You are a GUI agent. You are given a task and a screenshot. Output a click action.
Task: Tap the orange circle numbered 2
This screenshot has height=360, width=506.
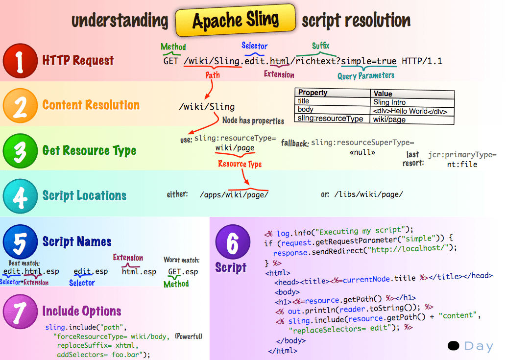point(20,106)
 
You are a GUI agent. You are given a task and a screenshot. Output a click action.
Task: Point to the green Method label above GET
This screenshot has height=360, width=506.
point(173,47)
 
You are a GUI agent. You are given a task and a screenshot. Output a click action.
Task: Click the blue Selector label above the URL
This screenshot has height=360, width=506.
point(254,46)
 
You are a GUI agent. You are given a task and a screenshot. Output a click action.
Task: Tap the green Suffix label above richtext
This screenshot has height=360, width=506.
point(320,46)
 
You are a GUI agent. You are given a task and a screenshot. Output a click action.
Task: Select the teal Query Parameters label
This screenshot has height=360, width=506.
point(366,75)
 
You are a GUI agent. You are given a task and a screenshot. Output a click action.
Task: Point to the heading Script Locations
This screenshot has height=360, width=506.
point(84,195)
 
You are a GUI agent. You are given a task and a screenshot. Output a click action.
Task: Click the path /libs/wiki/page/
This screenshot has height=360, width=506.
point(369,194)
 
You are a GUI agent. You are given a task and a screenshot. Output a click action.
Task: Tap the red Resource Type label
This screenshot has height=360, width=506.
point(240,164)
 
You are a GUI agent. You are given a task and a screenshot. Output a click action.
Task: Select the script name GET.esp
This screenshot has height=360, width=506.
point(183,271)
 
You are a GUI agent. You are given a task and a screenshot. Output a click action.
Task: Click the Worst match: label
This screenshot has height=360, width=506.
point(181,260)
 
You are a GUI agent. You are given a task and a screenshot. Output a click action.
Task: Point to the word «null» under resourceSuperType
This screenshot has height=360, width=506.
point(362,152)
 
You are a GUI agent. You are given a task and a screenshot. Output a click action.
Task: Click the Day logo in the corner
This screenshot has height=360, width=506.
point(471,346)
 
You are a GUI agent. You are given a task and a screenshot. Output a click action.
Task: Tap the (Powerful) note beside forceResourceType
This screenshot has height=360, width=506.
point(189,336)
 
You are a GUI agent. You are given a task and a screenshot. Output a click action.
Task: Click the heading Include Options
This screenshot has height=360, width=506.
point(82,311)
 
